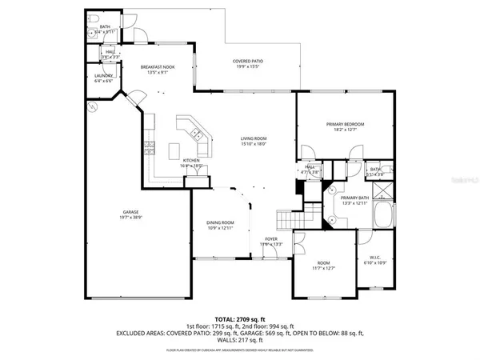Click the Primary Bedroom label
point(345,124)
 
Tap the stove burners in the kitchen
point(149,145)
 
